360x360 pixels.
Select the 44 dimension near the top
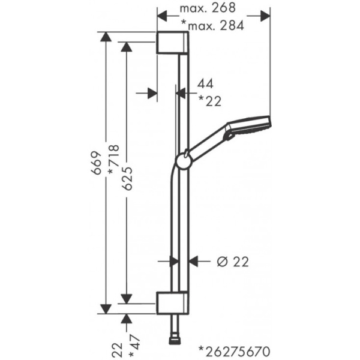[205, 84]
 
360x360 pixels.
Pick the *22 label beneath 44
[209, 101]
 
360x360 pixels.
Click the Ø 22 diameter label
[232, 261]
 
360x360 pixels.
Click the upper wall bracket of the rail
[173, 43]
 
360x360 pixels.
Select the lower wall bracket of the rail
[173, 302]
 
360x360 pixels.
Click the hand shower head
[247, 127]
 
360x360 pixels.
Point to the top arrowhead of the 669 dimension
[106, 37]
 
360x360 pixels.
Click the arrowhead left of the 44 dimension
[152, 92]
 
